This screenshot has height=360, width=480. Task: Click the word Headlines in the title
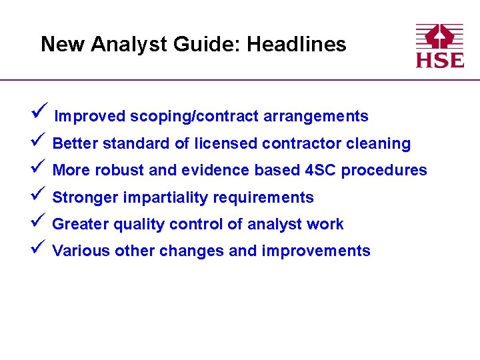[x=296, y=45]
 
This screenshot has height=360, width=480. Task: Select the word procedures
[x=384, y=170]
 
